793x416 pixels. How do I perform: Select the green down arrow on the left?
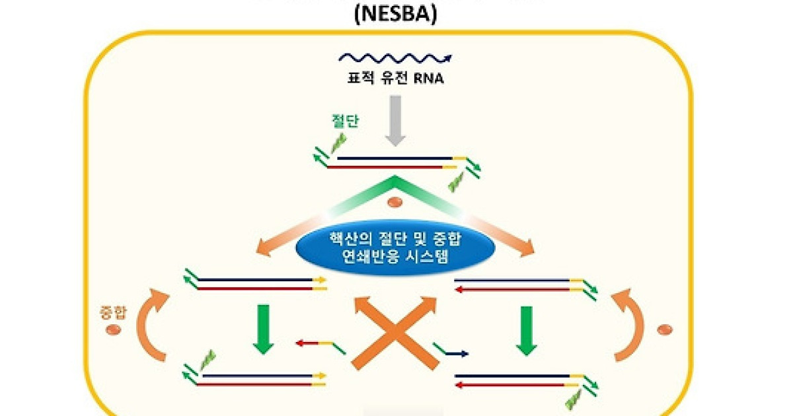coord(264,329)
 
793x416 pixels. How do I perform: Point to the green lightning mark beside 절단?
coord(338,143)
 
